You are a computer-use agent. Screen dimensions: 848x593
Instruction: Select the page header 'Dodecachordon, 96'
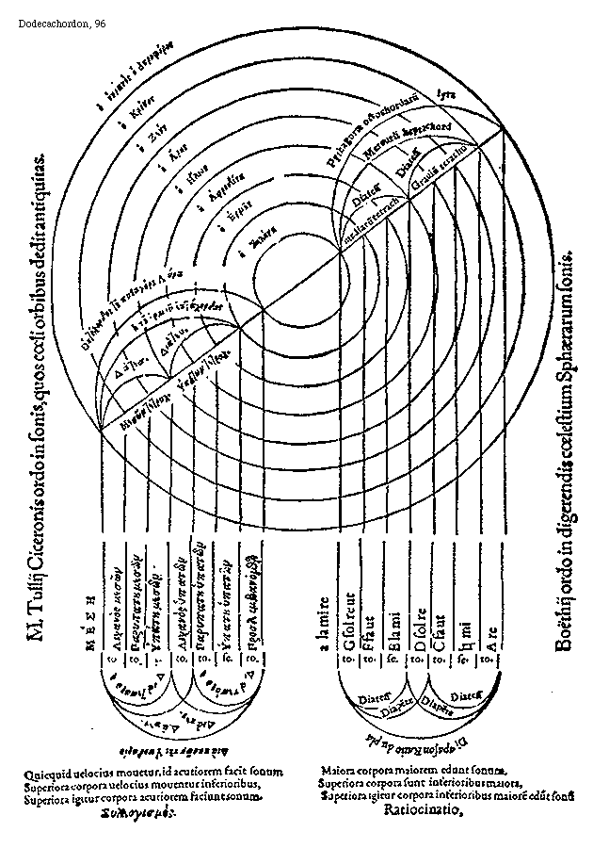coord(62,22)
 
